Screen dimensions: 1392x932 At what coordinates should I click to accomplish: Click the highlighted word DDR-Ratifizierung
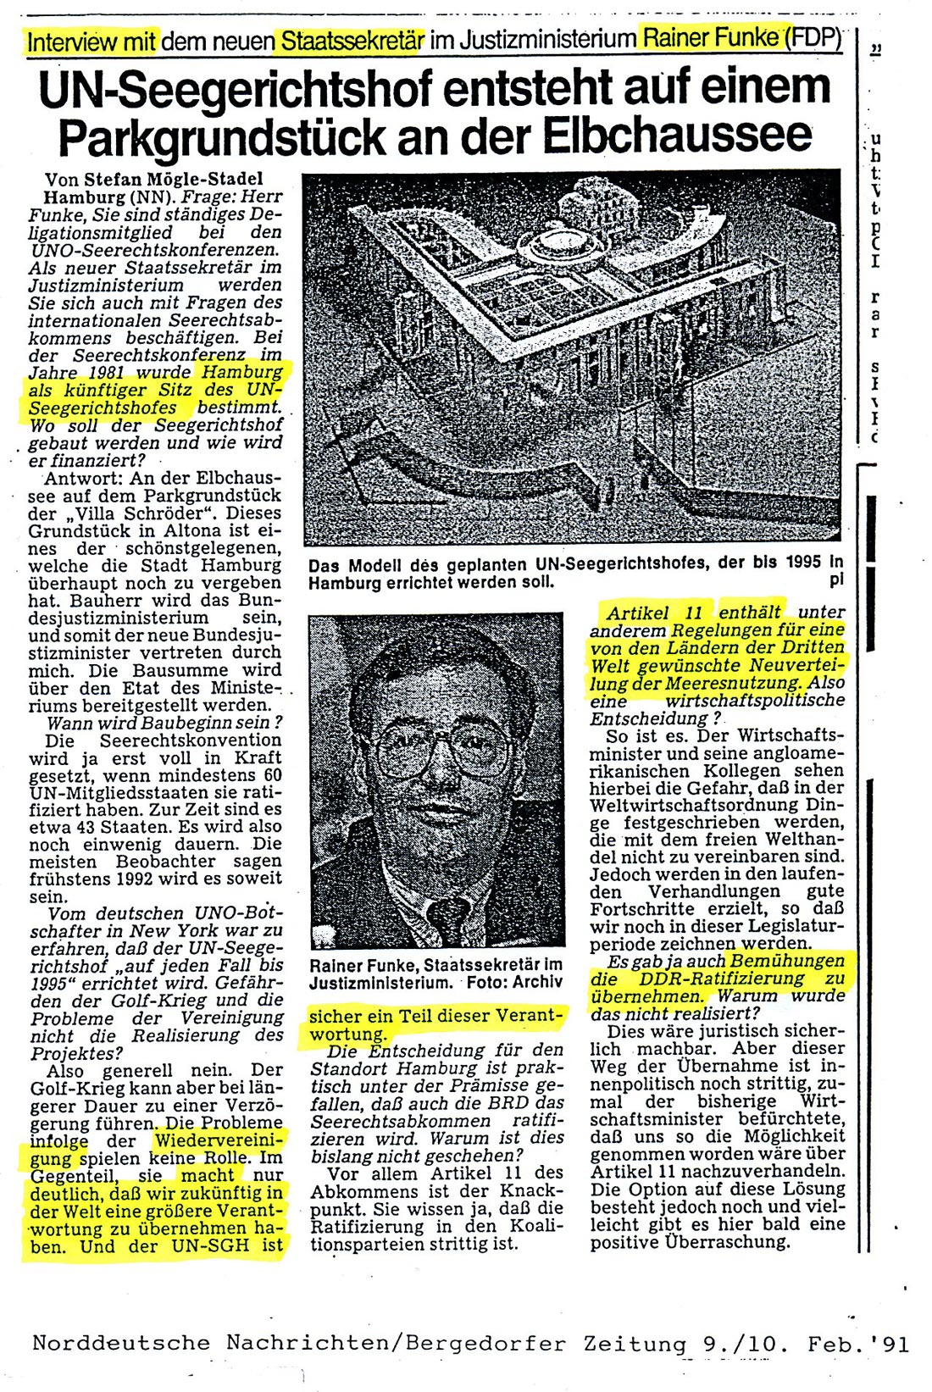pyautogui.click(x=713, y=979)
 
